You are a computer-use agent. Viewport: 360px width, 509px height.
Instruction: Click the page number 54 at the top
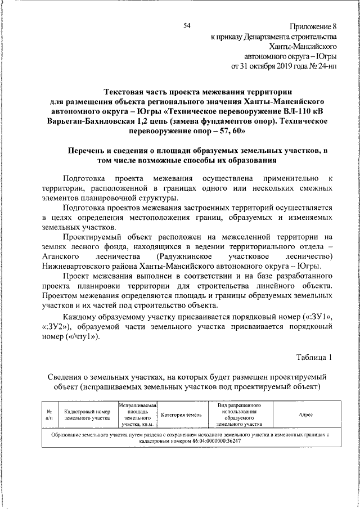[x=187, y=25]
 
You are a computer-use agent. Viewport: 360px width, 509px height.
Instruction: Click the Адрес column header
[x=306, y=415]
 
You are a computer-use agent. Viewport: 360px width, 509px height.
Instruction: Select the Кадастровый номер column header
[x=87, y=415]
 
